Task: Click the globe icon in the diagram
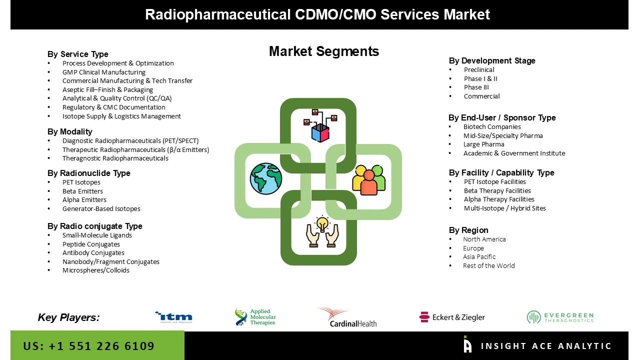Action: (x=266, y=178)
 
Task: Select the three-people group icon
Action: (x=369, y=179)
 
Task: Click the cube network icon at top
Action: (x=320, y=125)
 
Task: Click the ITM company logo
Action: (x=173, y=317)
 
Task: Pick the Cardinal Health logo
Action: (x=346, y=317)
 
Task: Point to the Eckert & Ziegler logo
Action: (x=452, y=317)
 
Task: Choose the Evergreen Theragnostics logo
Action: (x=560, y=317)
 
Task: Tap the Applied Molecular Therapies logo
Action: (x=255, y=317)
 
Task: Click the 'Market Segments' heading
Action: (x=323, y=51)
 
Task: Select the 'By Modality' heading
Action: (x=70, y=131)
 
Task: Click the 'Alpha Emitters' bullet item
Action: (x=84, y=200)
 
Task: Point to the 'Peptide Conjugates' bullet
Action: (x=91, y=244)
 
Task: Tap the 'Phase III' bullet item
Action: (x=476, y=87)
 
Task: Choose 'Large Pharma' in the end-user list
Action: (x=483, y=144)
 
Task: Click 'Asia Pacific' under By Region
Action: (x=479, y=257)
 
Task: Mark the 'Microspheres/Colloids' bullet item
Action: (x=95, y=270)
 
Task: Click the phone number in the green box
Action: (x=89, y=346)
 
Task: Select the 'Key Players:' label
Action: (x=68, y=317)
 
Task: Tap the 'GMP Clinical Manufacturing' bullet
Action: (x=103, y=72)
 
